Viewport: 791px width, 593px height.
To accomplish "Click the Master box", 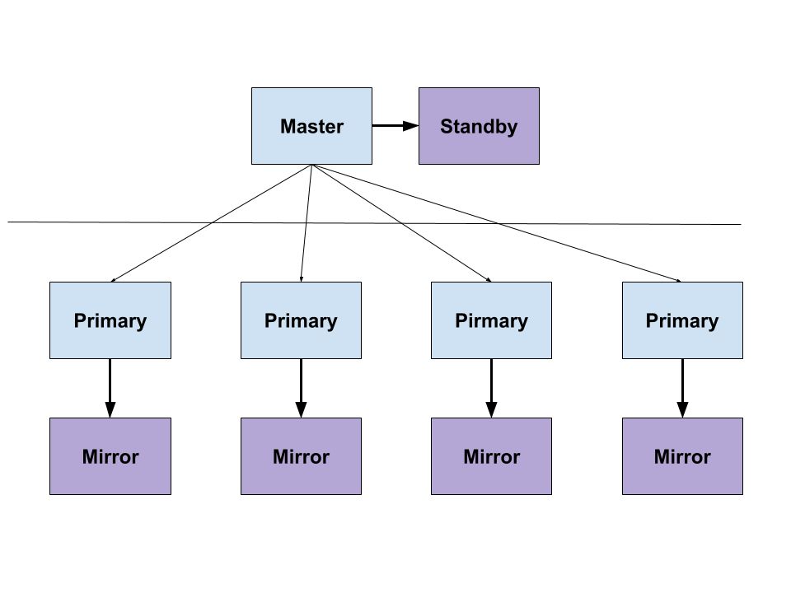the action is pyautogui.click(x=311, y=126).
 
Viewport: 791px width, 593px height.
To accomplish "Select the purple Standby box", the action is pyautogui.click(x=479, y=126).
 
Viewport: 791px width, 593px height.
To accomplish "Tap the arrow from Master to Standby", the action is pyautogui.click(x=395, y=125).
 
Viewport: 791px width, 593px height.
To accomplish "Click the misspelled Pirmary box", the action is pyautogui.click(x=491, y=320).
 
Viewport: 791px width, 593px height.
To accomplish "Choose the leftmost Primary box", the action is pyautogui.click(x=110, y=320).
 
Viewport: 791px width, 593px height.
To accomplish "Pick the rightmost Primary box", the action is pyautogui.click(x=682, y=320).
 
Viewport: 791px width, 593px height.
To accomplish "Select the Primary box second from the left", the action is pyautogui.click(x=302, y=320).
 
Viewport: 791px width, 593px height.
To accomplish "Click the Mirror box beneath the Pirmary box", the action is pyautogui.click(x=491, y=456).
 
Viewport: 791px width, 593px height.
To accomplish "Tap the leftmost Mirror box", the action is pyautogui.click(x=110, y=456).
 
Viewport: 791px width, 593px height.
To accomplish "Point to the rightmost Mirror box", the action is pyautogui.click(x=682, y=456).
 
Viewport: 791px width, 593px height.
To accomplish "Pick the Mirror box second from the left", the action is pyautogui.click(x=302, y=456).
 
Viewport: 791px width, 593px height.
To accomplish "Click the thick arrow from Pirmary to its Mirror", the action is pyautogui.click(x=491, y=388).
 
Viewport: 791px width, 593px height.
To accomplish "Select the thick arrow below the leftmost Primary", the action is pyautogui.click(x=110, y=388).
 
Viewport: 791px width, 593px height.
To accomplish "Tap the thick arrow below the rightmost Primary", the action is pyautogui.click(x=682, y=388).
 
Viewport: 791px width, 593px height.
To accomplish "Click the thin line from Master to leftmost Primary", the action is pyautogui.click(x=211, y=223).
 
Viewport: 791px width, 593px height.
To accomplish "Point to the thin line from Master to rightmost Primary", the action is pyautogui.click(x=497, y=223).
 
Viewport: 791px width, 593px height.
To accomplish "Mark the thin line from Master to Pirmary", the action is pyautogui.click(x=401, y=223).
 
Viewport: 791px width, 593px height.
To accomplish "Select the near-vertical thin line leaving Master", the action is pyautogui.click(x=307, y=223).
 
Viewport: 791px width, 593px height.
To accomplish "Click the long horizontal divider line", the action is pyautogui.click(x=374, y=223).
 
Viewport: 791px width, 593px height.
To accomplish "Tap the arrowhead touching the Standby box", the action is pyautogui.click(x=410, y=125).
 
